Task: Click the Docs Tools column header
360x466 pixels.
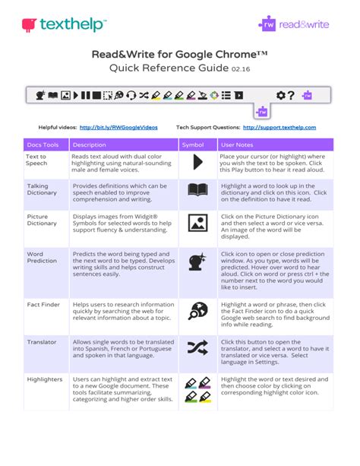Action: pyautogui.click(x=43, y=144)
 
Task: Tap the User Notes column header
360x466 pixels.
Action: pyautogui.click(x=236, y=144)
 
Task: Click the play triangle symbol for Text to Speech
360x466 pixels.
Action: pyautogui.click(x=197, y=161)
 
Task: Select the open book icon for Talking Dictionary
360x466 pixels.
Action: pyautogui.click(x=197, y=191)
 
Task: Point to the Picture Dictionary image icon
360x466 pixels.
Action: pyautogui.click(x=197, y=223)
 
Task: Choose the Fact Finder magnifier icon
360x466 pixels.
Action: pyautogui.click(x=197, y=310)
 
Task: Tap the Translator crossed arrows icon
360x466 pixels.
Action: pyautogui.click(x=197, y=347)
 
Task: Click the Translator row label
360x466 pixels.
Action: pyautogui.click(x=41, y=342)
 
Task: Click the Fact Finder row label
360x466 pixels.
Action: pyautogui.click(x=44, y=303)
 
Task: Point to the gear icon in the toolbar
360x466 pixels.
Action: pyautogui.click(x=280, y=95)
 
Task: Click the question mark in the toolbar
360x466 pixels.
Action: pyautogui.click(x=291, y=95)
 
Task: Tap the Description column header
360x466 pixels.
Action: pyautogui.click(x=89, y=144)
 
